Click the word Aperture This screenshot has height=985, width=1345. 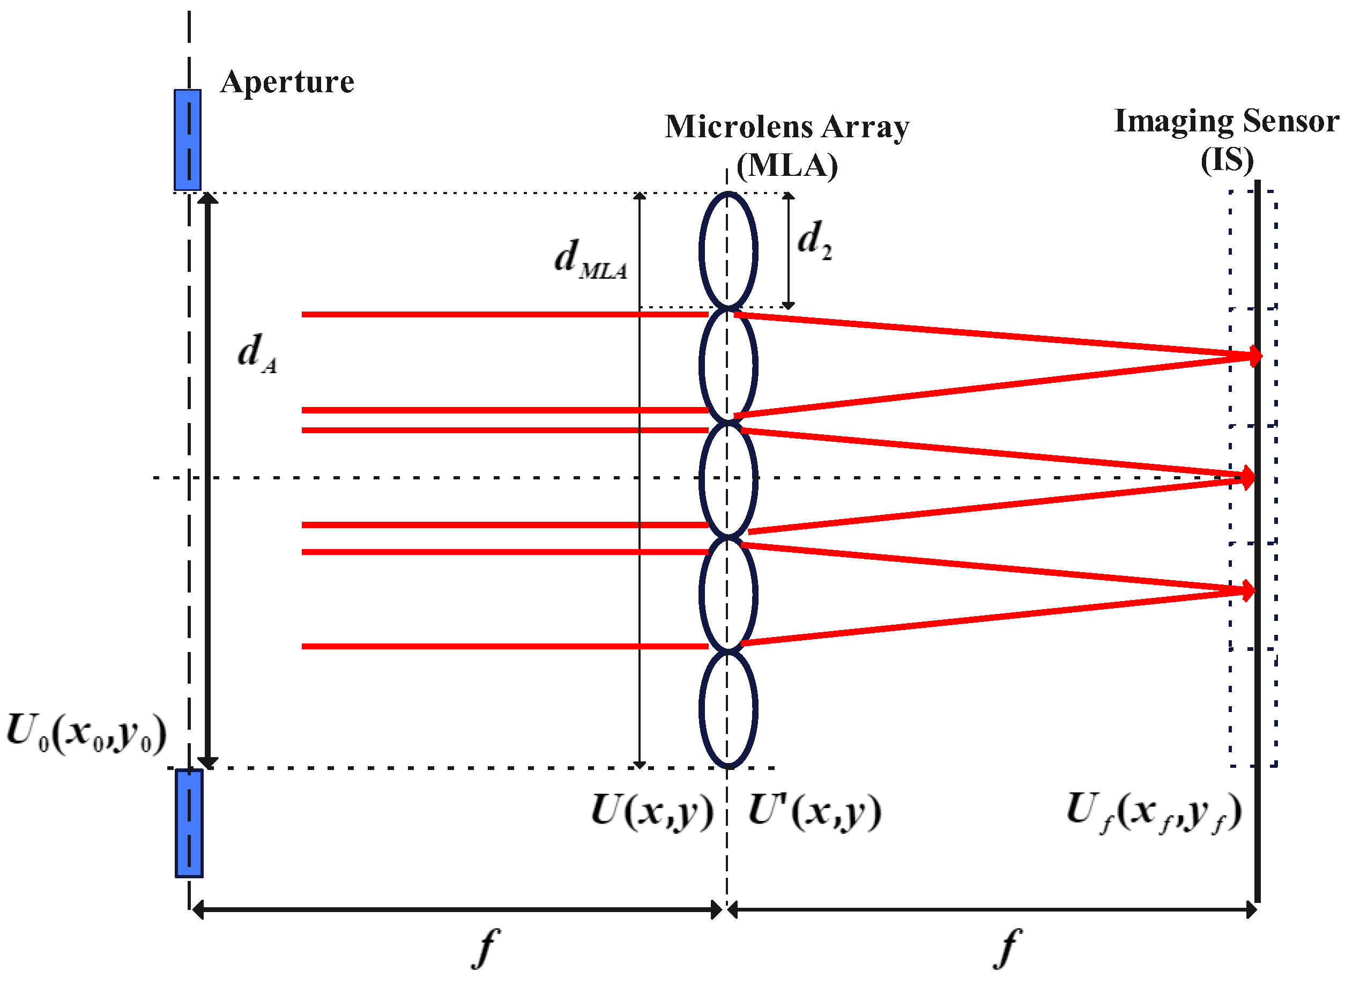click(287, 82)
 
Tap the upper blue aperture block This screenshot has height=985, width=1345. click(187, 140)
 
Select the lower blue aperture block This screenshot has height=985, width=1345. click(189, 824)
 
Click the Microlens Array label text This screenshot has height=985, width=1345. click(786, 127)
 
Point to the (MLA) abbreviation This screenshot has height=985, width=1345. click(786, 165)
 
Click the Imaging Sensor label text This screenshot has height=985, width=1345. click(1227, 121)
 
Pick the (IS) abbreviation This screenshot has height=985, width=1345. click(1227, 160)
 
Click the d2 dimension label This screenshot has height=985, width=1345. click(814, 240)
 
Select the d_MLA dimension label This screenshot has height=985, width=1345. click(590, 260)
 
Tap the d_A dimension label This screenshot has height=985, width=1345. click(257, 353)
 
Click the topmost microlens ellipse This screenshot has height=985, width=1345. click(728, 250)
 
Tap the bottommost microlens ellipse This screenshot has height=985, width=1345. click(728, 709)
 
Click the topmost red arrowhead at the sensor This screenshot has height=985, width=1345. click(1254, 356)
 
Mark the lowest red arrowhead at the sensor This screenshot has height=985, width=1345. click(1247, 591)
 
